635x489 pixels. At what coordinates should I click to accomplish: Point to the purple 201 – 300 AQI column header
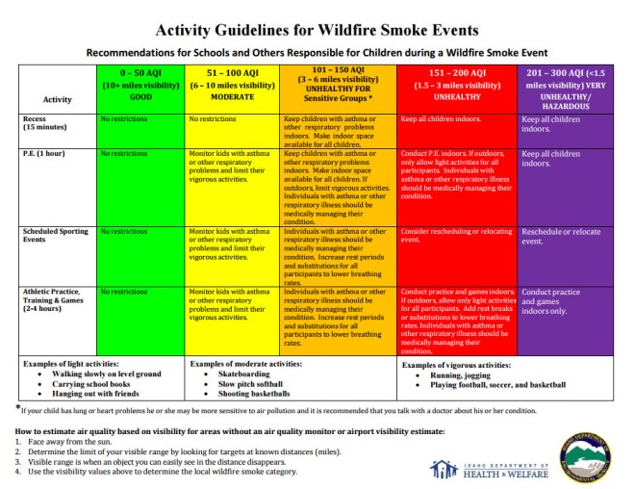pyautogui.click(x=566, y=86)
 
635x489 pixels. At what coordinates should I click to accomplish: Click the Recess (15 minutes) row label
pyautogui.click(x=44, y=123)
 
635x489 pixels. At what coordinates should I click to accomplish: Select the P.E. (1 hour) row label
pyautogui.click(x=40, y=154)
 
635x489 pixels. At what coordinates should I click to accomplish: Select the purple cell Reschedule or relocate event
pyautogui.click(x=565, y=237)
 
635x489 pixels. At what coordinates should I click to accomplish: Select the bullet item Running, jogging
pyautogui.click(x=457, y=373)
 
